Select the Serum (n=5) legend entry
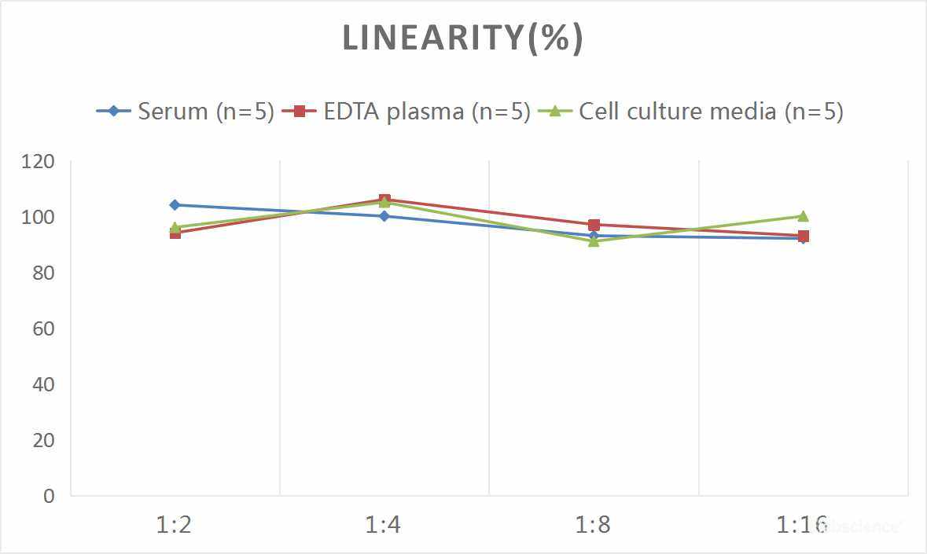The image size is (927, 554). pos(186,111)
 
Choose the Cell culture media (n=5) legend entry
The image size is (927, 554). pos(691,111)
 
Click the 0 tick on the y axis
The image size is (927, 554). pos(50,496)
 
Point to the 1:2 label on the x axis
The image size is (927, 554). pos(175,525)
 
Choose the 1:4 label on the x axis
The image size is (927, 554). pos(384,525)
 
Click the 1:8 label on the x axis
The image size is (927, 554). pos(593,525)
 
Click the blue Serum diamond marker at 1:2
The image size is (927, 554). pos(175,205)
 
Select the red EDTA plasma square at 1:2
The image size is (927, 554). pos(175,233)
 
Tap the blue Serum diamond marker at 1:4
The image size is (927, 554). pos(384,216)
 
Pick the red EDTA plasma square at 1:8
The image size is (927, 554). pos(594,225)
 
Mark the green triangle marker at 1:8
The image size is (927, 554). pos(594,241)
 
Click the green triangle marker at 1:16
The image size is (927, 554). pos(803,216)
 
